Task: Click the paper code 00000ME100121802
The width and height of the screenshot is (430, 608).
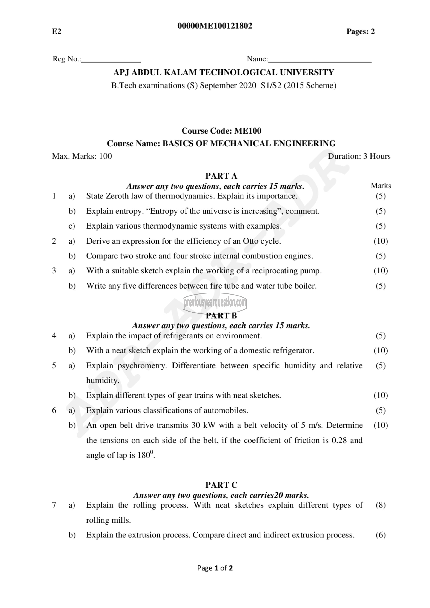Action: [215, 26]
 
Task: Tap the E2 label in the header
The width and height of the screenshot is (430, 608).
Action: [57, 32]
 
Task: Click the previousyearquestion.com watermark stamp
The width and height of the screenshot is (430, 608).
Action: [215, 302]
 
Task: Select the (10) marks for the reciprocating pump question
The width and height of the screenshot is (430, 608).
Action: [381, 271]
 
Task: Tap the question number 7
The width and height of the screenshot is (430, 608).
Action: [54, 505]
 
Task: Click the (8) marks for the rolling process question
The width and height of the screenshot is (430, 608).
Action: [381, 505]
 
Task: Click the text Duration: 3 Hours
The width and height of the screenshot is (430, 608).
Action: [359, 156]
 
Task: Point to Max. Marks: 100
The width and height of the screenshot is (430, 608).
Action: [82, 156]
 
